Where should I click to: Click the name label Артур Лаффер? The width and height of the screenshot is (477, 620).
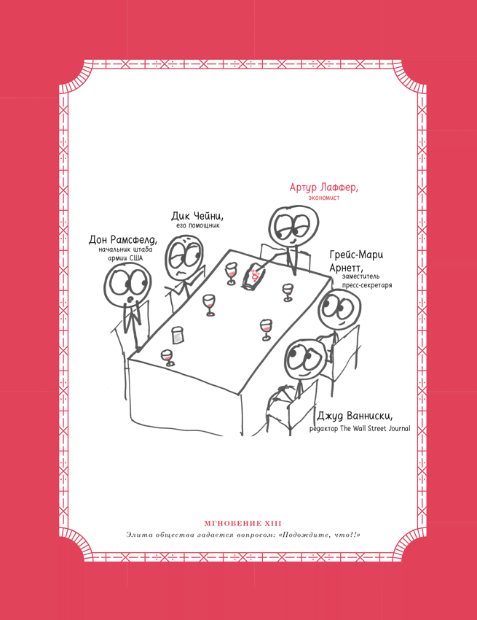(x=323, y=187)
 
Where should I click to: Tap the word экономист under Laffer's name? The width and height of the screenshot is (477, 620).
(x=324, y=198)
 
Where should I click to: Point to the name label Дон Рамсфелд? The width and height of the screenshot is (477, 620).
(x=123, y=240)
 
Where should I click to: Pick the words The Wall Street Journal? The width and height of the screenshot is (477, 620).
(x=375, y=428)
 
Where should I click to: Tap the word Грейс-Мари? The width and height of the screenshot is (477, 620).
(x=356, y=255)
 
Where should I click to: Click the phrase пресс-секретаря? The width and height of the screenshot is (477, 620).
(x=367, y=285)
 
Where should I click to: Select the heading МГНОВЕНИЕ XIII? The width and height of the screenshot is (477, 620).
(x=243, y=523)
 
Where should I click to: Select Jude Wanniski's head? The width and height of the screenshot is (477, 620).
(x=304, y=360)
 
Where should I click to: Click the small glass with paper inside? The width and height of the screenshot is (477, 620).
(x=178, y=336)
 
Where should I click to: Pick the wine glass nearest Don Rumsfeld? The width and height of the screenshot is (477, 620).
(x=167, y=357)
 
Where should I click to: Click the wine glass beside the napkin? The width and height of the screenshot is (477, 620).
(x=230, y=274)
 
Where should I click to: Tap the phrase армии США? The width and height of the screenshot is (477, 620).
(x=125, y=258)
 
